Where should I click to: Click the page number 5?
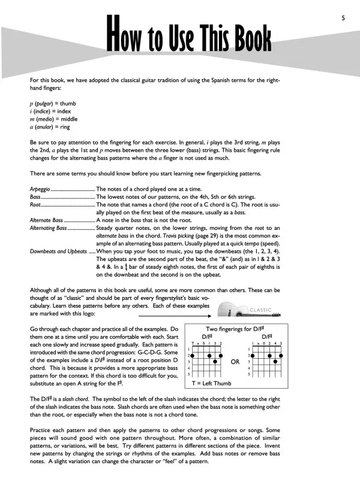343,18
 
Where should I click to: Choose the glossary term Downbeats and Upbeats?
59,251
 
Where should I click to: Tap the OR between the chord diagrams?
235,362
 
